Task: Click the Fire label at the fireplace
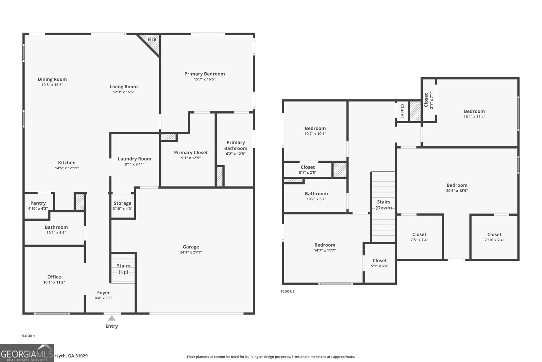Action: coord(152,39)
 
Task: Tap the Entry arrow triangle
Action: coord(111,318)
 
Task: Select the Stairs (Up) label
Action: coord(123,269)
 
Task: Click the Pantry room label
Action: coord(38,203)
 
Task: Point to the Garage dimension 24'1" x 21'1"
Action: coord(191,252)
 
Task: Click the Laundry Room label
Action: coord(134,159)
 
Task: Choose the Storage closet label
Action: coord(122,203)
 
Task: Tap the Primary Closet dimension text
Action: coord(191,158)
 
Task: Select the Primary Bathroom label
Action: coord(235,145)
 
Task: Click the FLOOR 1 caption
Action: coord(28,336)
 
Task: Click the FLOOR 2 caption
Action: coord(288,291)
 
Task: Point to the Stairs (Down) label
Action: coord(383,205)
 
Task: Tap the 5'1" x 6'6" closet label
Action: coord(379,263)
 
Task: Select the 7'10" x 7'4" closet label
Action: coord(494,237)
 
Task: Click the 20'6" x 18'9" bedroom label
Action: coord(457,188)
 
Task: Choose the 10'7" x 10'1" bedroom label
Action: coord(315,131)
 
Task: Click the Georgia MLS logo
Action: coord(27,353)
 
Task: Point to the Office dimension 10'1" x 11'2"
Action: coord(54,282)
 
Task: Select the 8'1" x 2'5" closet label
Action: coord(308,170)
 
